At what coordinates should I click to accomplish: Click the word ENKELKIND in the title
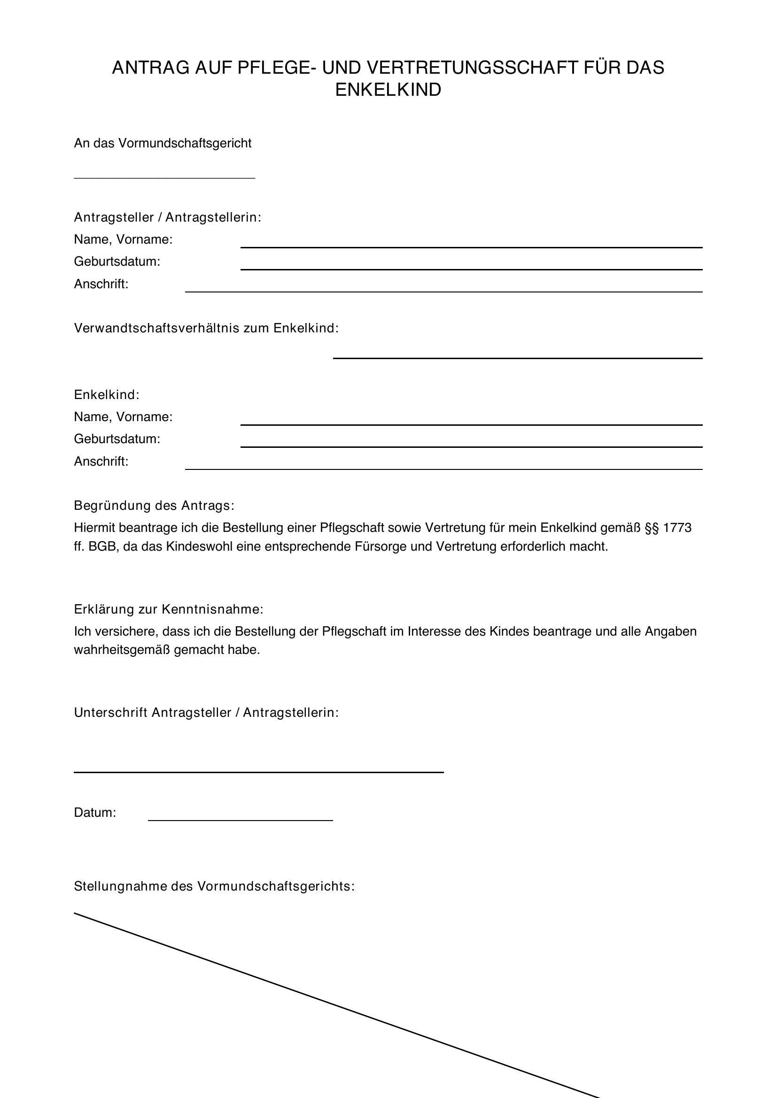point(388,90)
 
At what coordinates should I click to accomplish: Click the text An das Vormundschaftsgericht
point(162,143)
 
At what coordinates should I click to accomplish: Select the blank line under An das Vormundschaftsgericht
point(164,178)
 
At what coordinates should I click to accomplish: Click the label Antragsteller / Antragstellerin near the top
point(167,218)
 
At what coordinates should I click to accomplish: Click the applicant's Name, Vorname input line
point(471,246)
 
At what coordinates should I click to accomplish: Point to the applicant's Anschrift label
point(101,284)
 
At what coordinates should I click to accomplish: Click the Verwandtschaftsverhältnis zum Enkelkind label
point(206,328)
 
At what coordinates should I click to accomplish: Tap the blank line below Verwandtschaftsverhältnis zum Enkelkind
point(517,357)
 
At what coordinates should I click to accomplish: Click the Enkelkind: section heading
point(106,394)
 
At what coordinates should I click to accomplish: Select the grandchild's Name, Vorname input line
point(471,424)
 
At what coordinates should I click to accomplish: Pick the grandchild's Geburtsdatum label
point(117,438)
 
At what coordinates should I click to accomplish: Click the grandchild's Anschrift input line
point(443,468)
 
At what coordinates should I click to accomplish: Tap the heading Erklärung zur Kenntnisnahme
point(169,609)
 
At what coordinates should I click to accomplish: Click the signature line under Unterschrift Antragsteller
point(258,771)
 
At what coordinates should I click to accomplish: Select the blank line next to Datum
point(240,820)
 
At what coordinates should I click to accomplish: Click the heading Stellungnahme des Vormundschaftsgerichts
point(214,886)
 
